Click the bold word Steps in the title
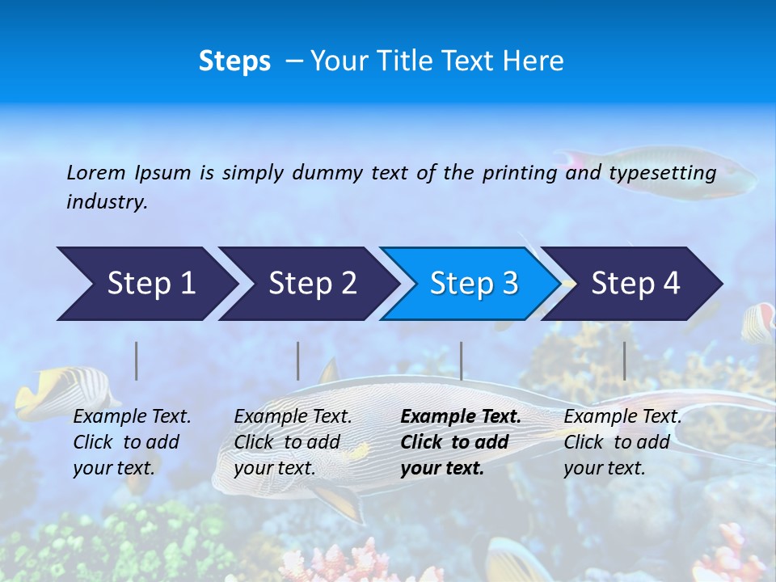234,61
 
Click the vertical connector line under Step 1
137,361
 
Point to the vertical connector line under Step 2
298,361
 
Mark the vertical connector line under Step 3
461,361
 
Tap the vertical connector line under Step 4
624,361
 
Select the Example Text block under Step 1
132,442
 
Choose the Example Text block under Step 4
622,442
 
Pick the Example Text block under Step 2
293,442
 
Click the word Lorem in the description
96,173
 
